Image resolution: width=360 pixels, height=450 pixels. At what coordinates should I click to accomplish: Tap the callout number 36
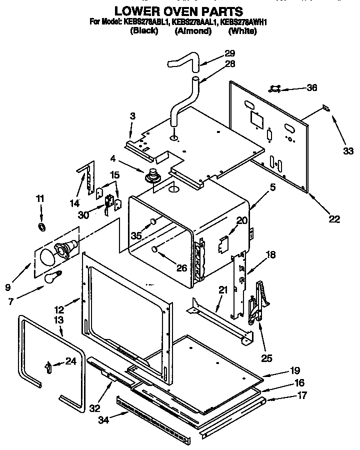pos(311,88)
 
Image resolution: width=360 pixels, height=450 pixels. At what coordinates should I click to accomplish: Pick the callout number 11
pos(40,199)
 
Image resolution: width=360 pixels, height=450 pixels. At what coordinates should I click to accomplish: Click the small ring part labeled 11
pos(42,228)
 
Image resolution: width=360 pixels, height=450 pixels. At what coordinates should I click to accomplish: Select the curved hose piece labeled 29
pos(183,62)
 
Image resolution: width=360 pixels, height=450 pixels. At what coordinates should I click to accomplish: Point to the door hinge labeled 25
pos(258,302)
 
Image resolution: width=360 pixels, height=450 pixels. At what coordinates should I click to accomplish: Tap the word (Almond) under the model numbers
pos(193,31)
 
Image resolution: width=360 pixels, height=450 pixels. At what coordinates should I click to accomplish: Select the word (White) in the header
pos(242,31)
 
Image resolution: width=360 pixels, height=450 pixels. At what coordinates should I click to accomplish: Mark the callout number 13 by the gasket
pos(58,319)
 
